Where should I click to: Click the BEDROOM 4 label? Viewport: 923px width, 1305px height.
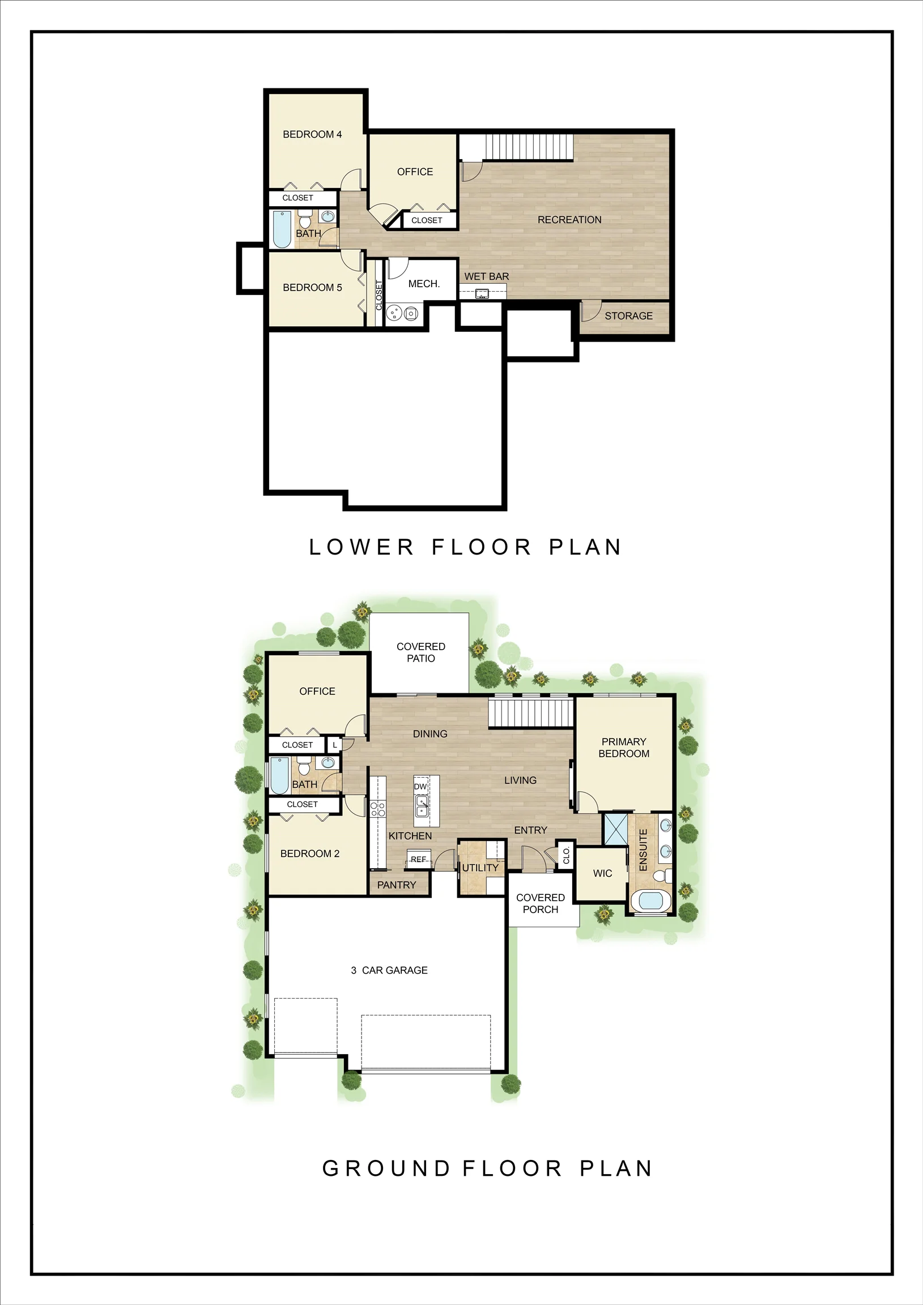312,135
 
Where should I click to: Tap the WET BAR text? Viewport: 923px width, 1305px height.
486,277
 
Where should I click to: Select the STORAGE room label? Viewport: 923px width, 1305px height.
628,316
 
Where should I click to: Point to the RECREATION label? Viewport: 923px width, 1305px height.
569,220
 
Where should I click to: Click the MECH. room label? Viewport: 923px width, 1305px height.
424,284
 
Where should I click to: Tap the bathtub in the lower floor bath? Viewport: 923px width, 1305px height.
282,229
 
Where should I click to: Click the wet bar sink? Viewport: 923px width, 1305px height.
482,294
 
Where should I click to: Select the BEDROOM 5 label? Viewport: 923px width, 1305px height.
312,288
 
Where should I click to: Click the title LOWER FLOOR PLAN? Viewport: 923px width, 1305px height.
465,547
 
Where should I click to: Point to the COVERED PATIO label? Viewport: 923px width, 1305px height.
421,652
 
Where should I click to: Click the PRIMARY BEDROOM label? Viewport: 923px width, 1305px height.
624,748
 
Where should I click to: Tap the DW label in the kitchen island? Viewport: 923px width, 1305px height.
420,787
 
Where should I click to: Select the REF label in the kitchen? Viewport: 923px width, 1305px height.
419,859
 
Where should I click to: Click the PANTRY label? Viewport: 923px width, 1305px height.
397,885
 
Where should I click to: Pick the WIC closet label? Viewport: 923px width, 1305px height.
603,873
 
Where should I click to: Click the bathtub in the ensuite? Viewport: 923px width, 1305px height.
650,901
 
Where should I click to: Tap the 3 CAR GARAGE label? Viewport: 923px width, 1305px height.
389,970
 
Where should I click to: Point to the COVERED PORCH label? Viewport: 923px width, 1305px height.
541,904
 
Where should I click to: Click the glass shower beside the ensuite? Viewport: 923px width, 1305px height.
615,829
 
